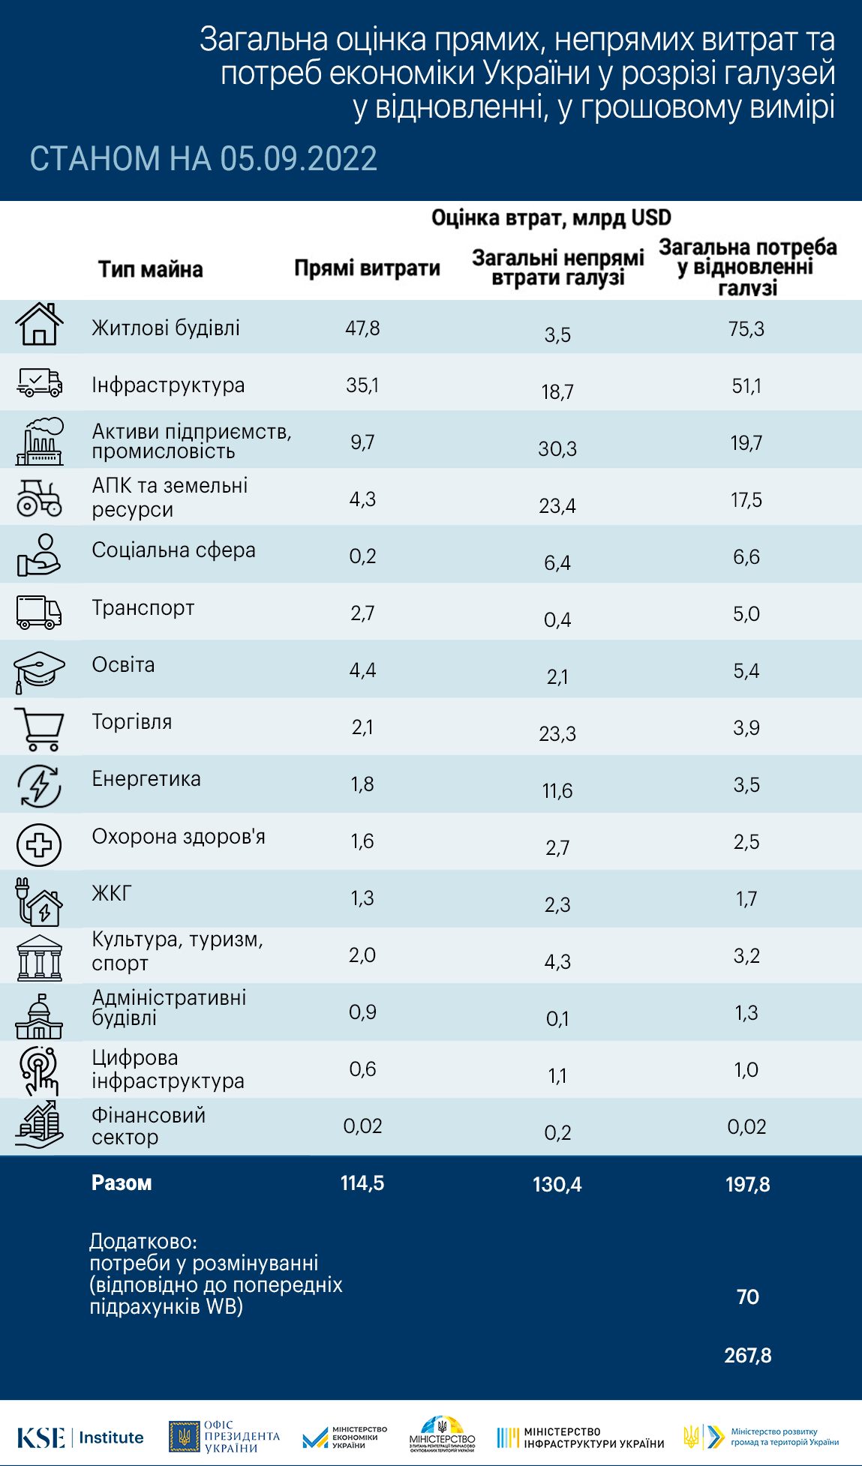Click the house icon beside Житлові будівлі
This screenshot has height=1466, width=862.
tap(39, 325)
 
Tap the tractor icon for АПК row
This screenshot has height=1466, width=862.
tap(39, 498)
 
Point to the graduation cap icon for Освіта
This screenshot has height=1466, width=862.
tap(39, 670)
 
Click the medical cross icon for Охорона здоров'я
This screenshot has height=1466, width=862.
tap(39, 844)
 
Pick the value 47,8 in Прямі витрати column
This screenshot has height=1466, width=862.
tap(362, 328)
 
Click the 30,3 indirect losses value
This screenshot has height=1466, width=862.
tap(557, 449)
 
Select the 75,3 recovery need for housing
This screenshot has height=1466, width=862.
tap(746, 329)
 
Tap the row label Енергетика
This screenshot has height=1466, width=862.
tap(146, 779)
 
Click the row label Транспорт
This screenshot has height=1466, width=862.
tap(143, 608)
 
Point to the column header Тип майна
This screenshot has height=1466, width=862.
tap(151, 270)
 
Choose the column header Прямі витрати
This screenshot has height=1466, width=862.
tap(367, 268)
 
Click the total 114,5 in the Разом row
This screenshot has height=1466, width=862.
tap(362, 1183)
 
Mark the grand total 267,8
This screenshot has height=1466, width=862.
tap(748, 1355)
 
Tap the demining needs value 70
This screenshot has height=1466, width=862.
tap(748, 1297)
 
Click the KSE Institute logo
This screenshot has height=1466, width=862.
tap(80, 1438)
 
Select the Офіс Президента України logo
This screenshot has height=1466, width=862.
tap(224, 1437)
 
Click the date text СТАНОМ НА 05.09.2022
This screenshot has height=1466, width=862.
tap(203, 159)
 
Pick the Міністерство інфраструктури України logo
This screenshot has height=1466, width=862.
tap(581, 1438)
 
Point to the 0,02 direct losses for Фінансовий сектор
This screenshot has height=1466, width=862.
tap(362, 1126)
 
